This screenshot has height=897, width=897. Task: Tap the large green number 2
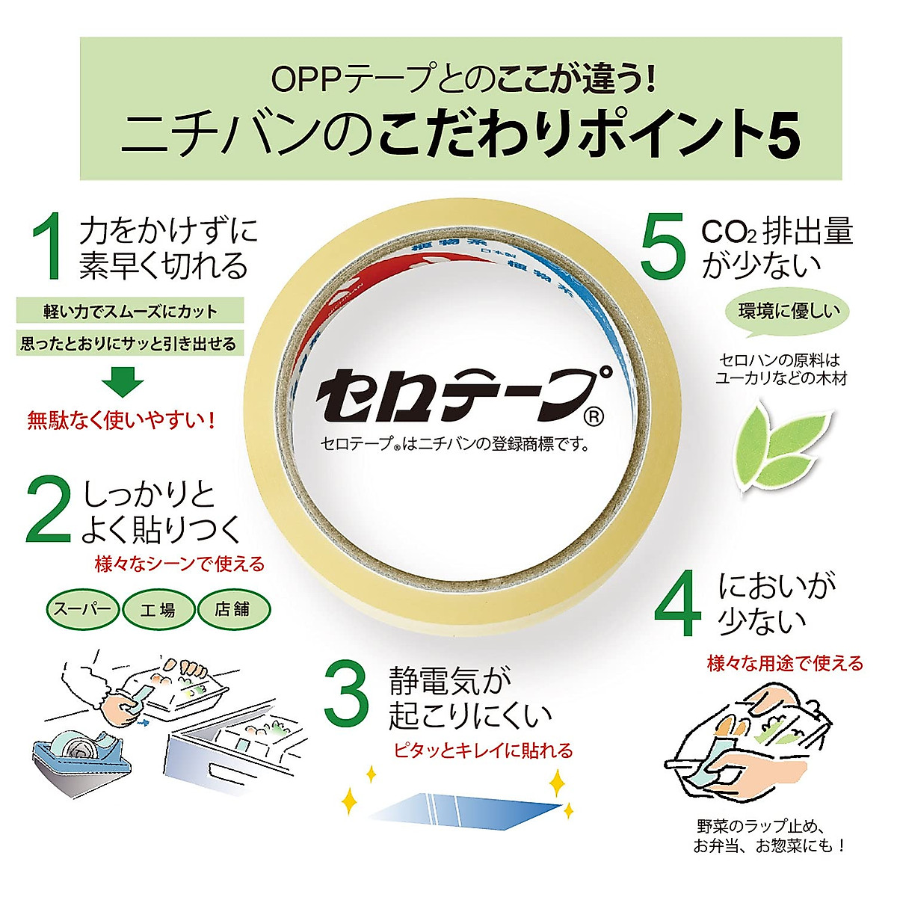(x=49, y=511)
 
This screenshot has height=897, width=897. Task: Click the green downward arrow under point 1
(x=123, y=381)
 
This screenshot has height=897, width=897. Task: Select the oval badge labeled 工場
(x=158, y=609)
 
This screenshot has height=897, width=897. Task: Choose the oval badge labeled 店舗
(x=232, y=609)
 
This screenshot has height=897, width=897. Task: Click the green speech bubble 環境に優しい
(x=788, y=312)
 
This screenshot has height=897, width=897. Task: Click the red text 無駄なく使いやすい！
(x=122, y=421)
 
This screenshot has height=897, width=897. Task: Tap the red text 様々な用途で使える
(x=785, y=663)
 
